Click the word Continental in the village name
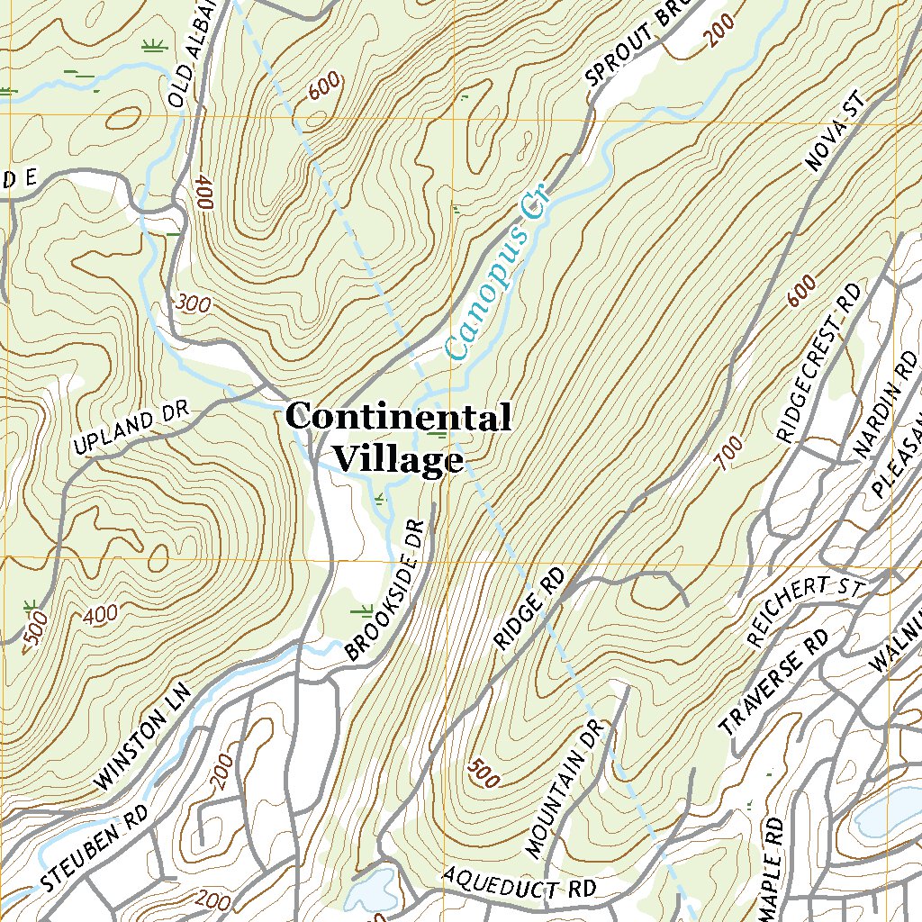click(x=398, y=418)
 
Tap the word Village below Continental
click(x=397, y=459)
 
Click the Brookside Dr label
click(x=384, y=590)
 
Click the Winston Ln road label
click(x=144, y=737)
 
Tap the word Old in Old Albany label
click(x=176, y=90)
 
